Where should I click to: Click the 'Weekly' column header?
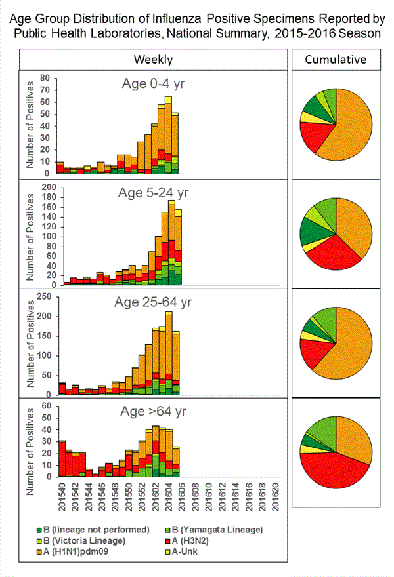pyautogui.click(x=154, y=60)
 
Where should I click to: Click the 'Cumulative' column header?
pyautogui.click(x=336, y=60)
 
